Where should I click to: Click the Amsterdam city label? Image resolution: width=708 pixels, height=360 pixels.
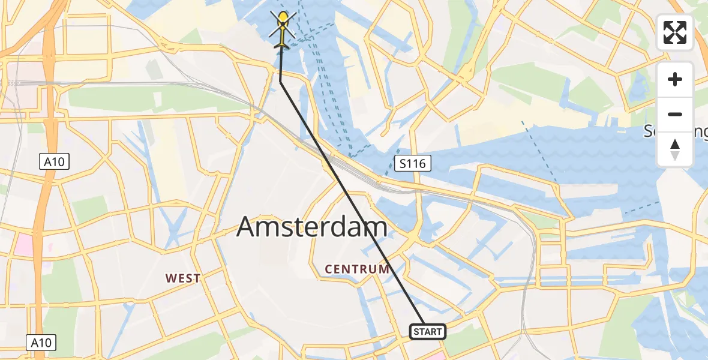coord(312,227)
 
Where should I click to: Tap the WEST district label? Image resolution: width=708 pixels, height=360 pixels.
coord(183,278)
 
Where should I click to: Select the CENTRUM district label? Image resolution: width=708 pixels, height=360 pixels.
coord(357,269)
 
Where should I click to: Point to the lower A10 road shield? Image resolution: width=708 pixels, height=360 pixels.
coord(41,343)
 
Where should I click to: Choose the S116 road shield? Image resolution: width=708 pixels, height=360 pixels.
coord(413,163)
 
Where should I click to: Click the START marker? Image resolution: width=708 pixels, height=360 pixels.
coord(428,332)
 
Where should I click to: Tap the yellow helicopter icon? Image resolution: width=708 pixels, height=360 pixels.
coord(283,30)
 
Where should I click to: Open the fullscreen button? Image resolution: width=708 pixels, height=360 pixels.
coord(675,32)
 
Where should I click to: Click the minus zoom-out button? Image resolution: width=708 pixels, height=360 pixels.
coord(675,114)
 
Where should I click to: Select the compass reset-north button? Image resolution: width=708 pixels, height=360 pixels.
coord(675,149)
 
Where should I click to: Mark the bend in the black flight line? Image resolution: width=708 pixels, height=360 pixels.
coord(281,83)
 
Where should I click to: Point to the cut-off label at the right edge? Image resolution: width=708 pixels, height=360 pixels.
coord(676,131)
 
